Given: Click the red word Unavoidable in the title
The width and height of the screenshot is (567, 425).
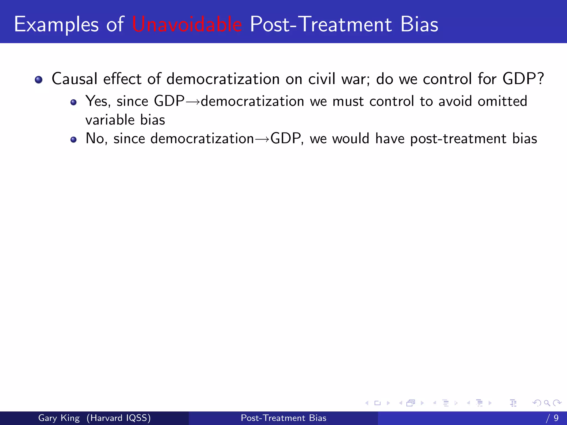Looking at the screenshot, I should click(x=187, y=24).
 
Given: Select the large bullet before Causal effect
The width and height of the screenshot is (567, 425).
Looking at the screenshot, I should click(x=38, y=80).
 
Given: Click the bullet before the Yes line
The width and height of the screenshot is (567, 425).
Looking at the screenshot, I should click(x=73, y=103).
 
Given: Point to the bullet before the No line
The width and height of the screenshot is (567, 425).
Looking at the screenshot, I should click(x=73, y=139).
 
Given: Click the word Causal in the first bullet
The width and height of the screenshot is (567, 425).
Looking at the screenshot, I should click(x=74, y=79).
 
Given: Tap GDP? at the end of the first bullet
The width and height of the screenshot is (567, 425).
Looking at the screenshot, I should click(x=523, y=79).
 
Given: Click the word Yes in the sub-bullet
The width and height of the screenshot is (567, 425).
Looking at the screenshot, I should click(x=98, y=101).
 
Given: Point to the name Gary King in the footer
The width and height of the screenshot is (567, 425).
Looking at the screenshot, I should click(x=59, y=418).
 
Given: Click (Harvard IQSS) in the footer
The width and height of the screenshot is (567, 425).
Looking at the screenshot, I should click(x=118, y=418).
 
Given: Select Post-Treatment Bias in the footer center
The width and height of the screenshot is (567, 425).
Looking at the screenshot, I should click(x=283, y=418).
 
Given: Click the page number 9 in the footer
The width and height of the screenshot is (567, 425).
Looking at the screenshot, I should click(x=556, y=418).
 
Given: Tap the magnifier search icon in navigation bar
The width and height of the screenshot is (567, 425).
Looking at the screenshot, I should click(x=547, y=403).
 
